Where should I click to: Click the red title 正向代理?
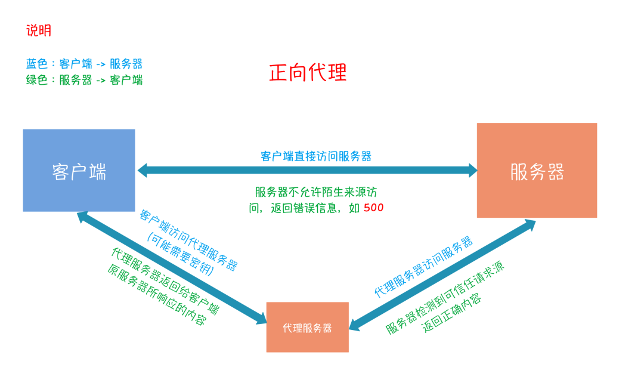coord(308,73)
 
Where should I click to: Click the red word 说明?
coord(39,31)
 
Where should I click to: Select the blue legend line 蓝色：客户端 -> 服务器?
coord(84,64)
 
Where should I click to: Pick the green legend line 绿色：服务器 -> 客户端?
coord(84,80)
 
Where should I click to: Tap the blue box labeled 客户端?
coord(79,171)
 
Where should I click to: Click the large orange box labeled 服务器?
coord(537,171)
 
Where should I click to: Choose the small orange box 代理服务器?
coord(307,328)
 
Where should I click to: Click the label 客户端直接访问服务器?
coord(316,156)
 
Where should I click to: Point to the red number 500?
coord(374,208)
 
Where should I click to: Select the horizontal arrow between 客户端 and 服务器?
coord(307,171)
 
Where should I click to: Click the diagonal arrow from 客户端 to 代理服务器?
coord(173,268)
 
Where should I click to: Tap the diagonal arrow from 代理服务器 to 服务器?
coord(441,274)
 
